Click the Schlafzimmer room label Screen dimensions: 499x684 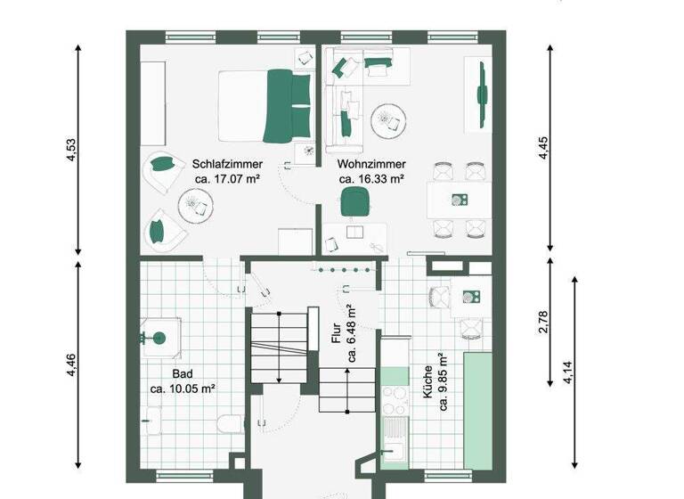pyautogui.click(x=226, y=164)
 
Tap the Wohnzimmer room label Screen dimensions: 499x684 pyautogui.click(x=371, y=164)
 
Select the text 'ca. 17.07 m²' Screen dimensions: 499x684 pyautogui.click(x=226, y=179)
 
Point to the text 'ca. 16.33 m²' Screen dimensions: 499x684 pyautogui.click(x=371, y=179)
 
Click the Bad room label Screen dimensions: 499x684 pyautogui.click(x=183, y=374)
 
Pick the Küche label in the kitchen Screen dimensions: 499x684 pyautogui.click(x=428, y=387)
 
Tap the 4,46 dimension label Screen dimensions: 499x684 pyautogui.click(x=72, y=365)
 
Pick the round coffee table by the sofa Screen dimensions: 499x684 pyautogui.click(x=386, y=118)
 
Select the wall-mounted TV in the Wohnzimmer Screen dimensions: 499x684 pyautogui.click(x=482, y=94)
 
